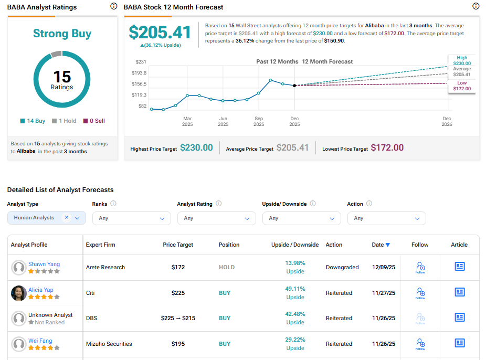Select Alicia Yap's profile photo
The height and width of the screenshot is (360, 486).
pyautogui.click(x=19, y=293)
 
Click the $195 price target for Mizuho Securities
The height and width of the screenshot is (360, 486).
pyautogui.click(x=178, y=344)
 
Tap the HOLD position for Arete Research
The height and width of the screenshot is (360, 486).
pyautogui.click(x=227, y=267)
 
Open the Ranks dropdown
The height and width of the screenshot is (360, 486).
pyautogui.click(x=131, y=218)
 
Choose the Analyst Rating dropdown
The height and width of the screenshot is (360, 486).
pyautogui.click(x=216, y=218)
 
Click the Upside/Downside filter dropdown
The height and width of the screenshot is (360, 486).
pyautogui.click(x=301, y=218)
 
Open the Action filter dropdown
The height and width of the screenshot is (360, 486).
pyautogui.click(x=386, y=218)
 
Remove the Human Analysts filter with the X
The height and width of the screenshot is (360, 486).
pyautogui.click(x=67, y=217)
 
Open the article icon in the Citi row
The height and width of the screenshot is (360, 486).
pyautogui.click(x=460, y=292)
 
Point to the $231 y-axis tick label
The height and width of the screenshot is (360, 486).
pyautogui.click(x=141, y=62)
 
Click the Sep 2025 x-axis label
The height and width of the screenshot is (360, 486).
pyautogui.click(x=259, y=121)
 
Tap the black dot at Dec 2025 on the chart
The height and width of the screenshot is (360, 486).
pyautogui.click(x=294, y=85)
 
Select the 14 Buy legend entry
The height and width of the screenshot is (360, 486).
pyautogui.click(x=33, y=121)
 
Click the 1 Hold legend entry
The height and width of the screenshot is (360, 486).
pyautogui.click(x=64, y=121)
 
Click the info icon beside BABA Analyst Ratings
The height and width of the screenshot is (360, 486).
pyautogui.click(x=114, y=6)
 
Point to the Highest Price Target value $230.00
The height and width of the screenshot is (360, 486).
pyautogui.click(x=196, y=148)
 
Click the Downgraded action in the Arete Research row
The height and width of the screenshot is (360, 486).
pyautogui.click(x=342, y=267)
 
